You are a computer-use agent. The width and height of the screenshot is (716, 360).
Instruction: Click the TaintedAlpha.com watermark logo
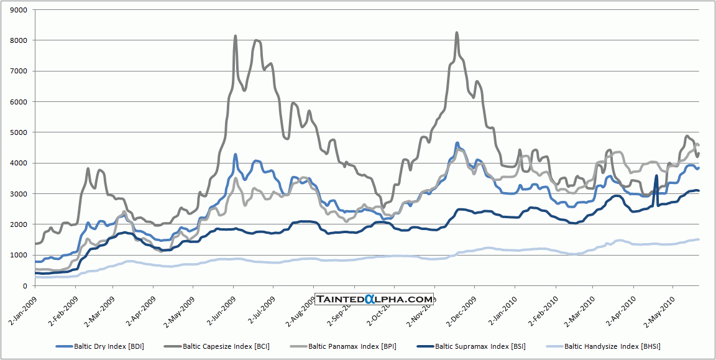(x=374, y=300)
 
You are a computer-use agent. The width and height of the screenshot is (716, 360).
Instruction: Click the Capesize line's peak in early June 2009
(x=235, y=36)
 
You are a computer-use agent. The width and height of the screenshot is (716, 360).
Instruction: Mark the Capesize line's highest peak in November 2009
(x=457, y=33)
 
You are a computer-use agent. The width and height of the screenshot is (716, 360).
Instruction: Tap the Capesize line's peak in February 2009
(x=88, y=168)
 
